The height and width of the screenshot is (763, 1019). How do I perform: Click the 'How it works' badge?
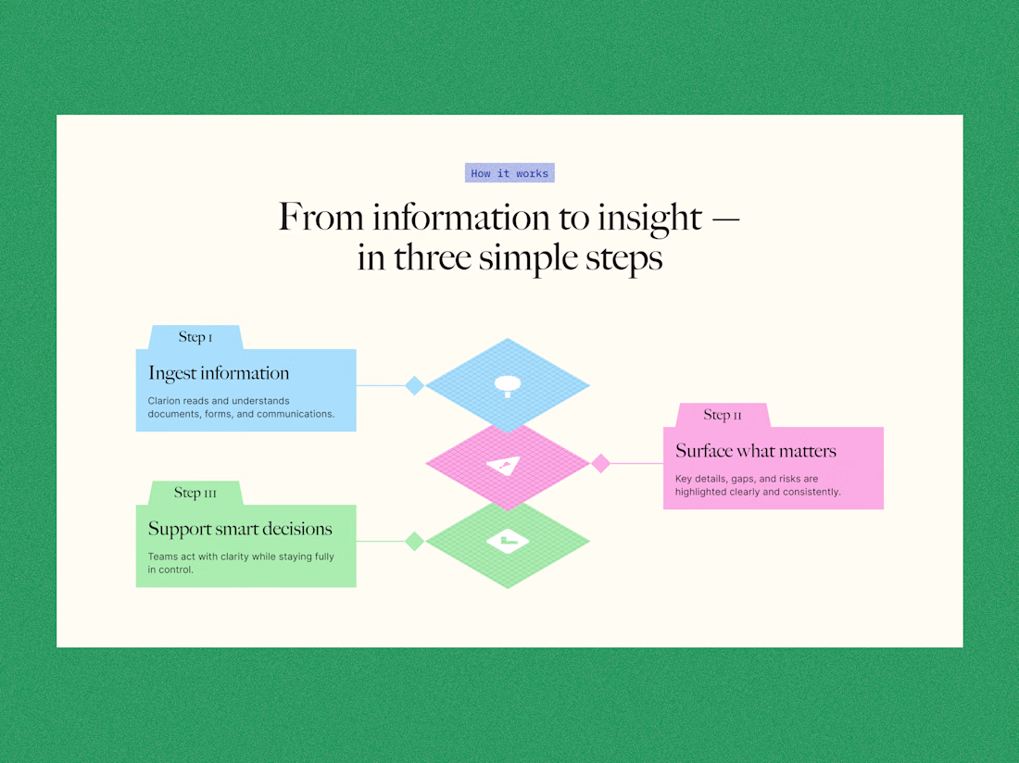point(509,173)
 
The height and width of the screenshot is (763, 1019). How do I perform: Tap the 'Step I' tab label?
point(195,337)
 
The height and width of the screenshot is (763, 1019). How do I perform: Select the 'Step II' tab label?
point(723,415)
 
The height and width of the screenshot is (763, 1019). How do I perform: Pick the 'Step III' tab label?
point(195,493)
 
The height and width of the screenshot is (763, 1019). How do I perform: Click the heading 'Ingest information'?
point(219,373)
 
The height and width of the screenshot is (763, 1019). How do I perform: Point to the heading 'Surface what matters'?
point(756,451)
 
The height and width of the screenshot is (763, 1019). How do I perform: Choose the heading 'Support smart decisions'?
point(240,529)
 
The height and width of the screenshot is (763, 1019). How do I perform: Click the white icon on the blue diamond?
point(507,384)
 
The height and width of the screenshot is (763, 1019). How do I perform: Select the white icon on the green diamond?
point(508,541)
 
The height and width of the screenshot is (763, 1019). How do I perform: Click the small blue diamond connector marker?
point(415,385)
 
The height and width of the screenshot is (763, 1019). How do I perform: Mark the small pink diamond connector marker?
point(601,463)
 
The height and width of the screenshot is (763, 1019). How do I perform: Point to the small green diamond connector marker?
point(415,541)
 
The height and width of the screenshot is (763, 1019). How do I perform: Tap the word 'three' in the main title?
point(434,257)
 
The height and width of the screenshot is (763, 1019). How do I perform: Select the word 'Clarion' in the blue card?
point(165,401)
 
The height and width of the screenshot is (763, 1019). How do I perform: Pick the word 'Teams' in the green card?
point(163,557)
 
